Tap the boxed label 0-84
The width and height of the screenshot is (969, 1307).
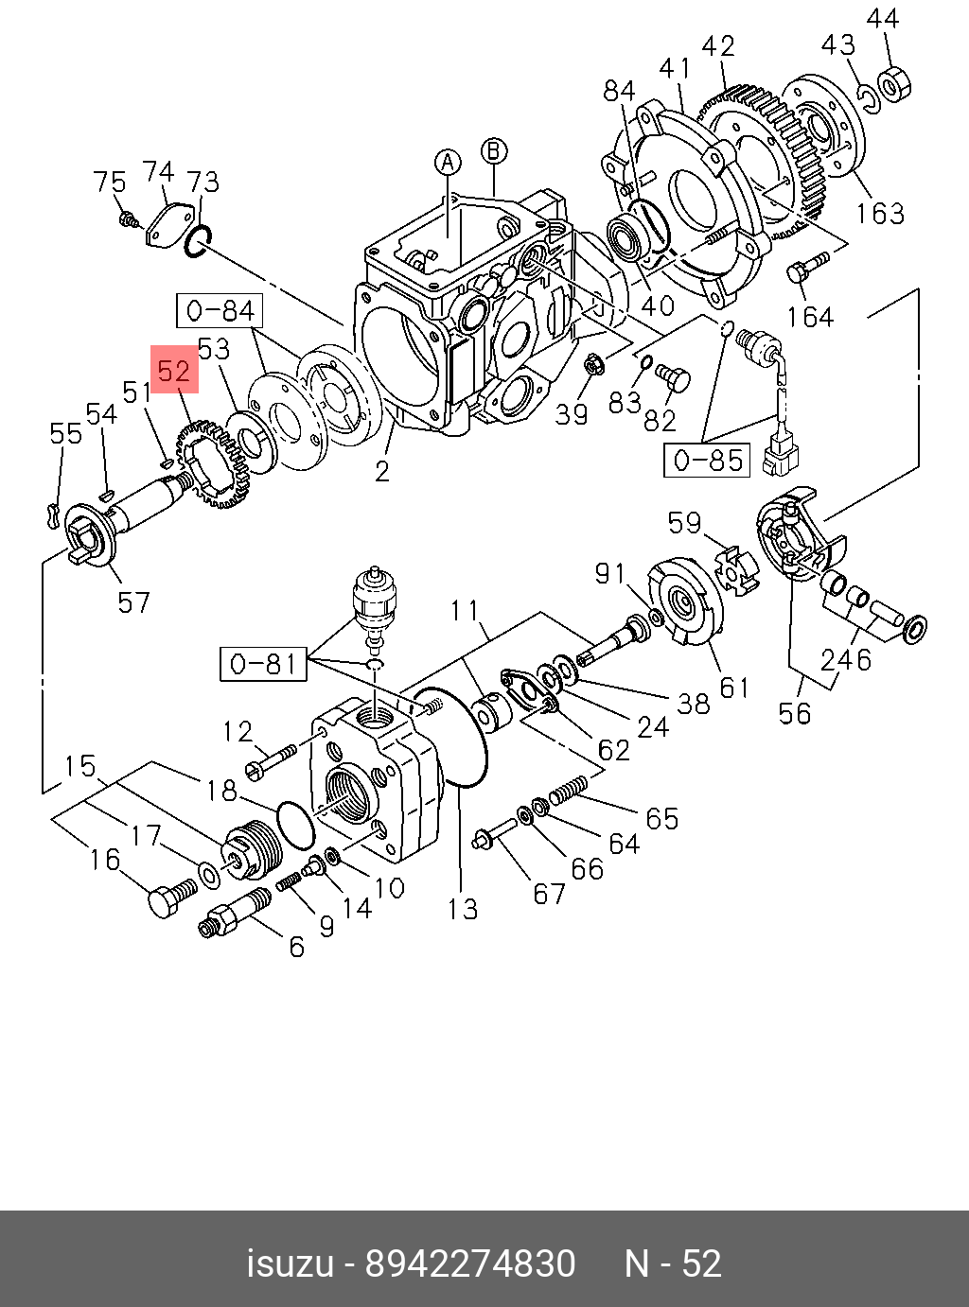220,310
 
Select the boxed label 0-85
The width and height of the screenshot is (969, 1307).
706,460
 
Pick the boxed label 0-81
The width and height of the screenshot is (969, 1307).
264,664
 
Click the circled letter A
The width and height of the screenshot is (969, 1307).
448,162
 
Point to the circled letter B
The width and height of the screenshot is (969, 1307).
494,150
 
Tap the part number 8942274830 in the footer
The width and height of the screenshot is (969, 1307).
470,1263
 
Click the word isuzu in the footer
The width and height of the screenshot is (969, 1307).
290,1263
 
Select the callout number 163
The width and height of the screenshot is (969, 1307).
880,214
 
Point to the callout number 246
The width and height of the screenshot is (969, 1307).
846,658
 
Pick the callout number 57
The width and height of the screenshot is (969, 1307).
133,601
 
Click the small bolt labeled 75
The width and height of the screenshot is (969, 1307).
127,221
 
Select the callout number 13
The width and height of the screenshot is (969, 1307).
463,909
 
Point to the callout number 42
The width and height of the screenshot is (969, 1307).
718,45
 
